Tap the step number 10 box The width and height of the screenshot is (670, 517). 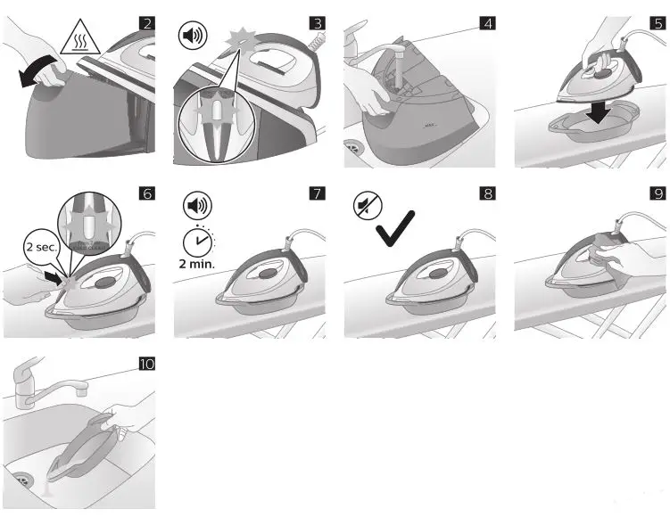pos(145,364)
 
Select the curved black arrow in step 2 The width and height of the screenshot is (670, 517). pos(37,73)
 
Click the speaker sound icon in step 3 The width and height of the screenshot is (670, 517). pos(193,37)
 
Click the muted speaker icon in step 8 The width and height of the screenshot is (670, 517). pos(364,205)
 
